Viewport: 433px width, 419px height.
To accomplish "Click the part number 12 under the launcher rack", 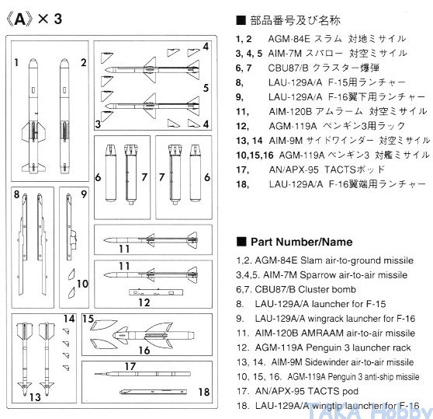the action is [x=144, y=302].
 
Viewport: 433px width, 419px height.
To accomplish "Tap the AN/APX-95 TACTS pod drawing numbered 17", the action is [x=143, y=374].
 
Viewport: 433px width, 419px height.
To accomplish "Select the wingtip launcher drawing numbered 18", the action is [x=154, y=392].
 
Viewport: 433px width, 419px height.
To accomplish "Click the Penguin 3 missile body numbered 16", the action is [x=154, y=336].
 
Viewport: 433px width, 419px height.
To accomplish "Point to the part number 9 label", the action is [x=84, y=194].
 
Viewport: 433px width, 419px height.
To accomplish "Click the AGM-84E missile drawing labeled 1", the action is [x=33, y=116].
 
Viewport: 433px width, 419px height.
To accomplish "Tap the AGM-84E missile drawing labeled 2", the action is [x=64, y=116].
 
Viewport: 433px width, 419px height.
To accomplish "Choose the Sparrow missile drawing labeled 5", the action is [x=151, y=106].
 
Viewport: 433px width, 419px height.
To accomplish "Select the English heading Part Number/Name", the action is [x=301, y=242].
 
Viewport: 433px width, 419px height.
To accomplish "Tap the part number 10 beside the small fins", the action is [x=82, y=284].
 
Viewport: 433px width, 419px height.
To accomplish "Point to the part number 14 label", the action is [x=69, y=319].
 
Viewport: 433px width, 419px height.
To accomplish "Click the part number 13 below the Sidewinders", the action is [x=35, y=397].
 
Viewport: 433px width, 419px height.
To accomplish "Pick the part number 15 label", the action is [x=88, y=319].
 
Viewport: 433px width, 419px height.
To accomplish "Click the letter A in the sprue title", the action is [x=20, y=20].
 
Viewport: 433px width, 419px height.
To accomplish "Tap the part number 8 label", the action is [x=17, y=194].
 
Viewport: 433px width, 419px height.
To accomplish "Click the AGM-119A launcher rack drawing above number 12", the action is [x=156, y=292].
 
